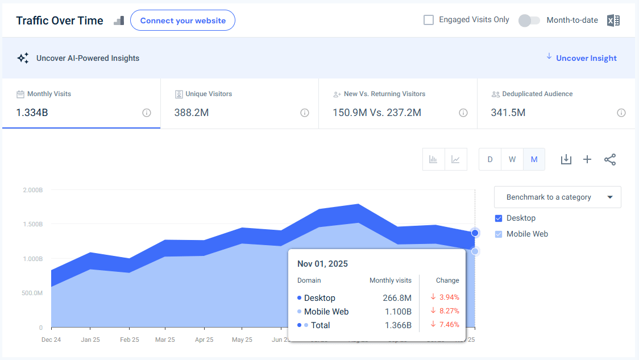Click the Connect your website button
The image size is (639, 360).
pos(182,20)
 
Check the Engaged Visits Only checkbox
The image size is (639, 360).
pos(429,20)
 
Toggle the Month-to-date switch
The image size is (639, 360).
pos(529,20)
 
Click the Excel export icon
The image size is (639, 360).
pos(613,20)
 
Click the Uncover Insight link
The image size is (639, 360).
pos(586,58)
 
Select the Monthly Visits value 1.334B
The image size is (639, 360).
pos(32,113)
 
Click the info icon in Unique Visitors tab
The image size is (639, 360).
pos(305,113)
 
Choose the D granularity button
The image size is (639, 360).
pos(490,159)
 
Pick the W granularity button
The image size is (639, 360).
pos(512,159)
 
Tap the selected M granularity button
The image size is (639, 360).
pos(534,159)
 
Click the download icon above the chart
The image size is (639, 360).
pos(566,159)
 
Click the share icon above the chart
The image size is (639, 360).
pos(610,159)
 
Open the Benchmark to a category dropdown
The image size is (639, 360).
pos(557,197)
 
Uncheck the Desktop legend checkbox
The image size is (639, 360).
pos(499,218)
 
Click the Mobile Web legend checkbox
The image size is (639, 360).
pos(499,234)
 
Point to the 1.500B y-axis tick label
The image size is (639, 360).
pos(32,224)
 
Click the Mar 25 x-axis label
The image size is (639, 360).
pos(165,340)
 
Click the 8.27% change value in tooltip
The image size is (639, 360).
pos(449,311)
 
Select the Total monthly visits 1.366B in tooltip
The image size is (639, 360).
pos(397,325)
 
